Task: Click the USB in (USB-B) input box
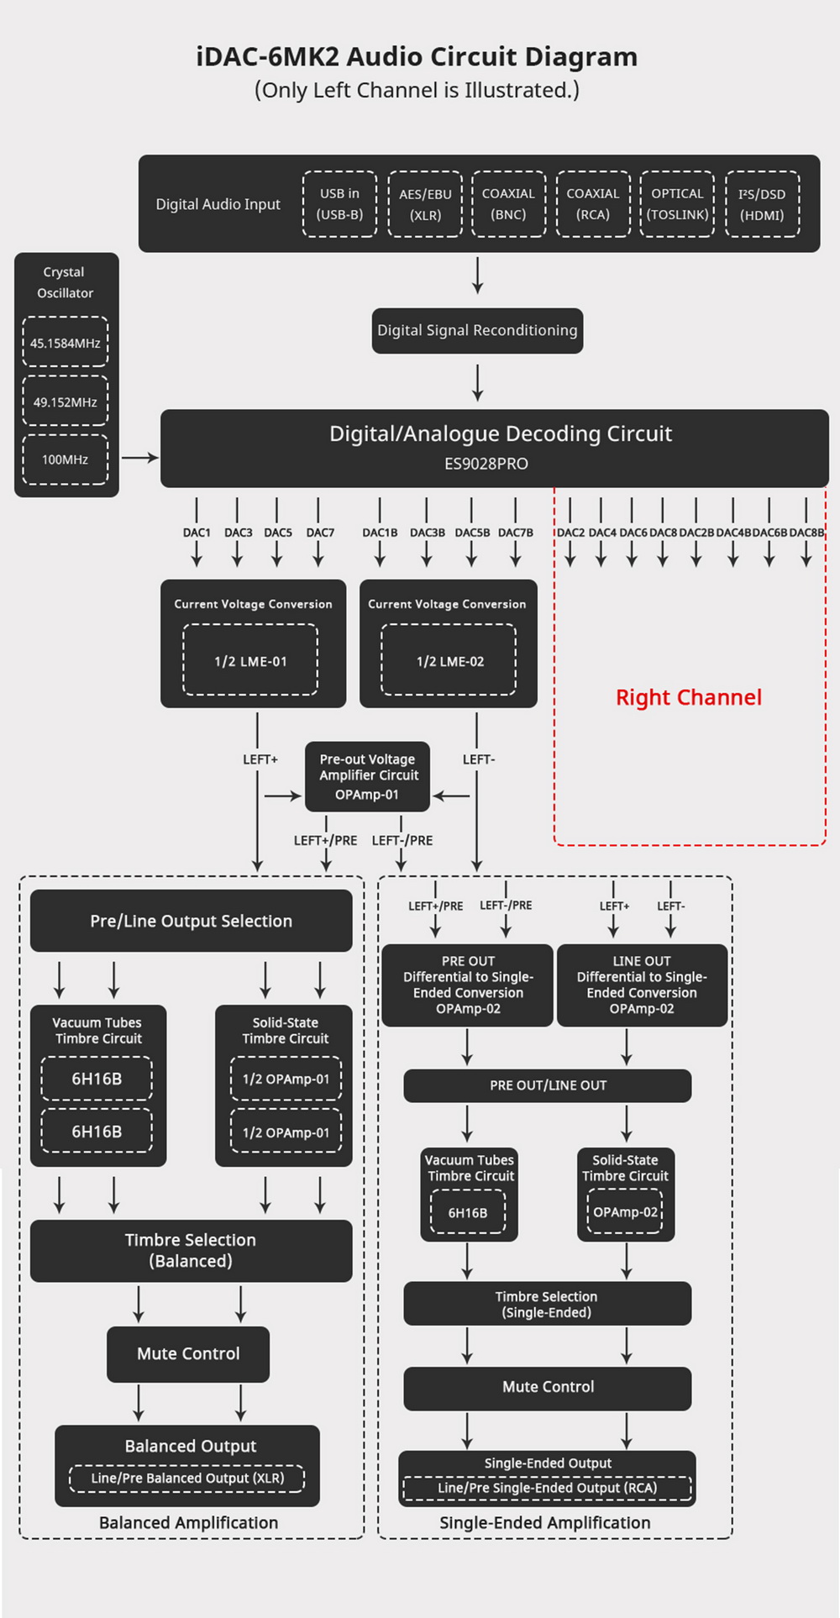[x=339, y=204]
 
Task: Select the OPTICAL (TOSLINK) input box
[x=677, y=204]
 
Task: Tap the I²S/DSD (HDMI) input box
[x=762, y=204]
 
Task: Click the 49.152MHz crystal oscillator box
[x=66, y=402]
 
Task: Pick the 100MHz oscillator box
[x=66, y=460]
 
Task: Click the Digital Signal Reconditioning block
[x=477, y=330]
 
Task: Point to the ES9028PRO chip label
[x=486, y=464]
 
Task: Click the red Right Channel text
[x=689, y=697]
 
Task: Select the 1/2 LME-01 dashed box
[x=250, y=660]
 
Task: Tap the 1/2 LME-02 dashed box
[x=449, y=660]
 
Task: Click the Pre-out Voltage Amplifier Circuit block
[x=367, y=776]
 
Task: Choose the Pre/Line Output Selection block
[x=192, y=921]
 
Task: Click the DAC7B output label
[x=516, y=533]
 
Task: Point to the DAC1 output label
[x=197, y=533]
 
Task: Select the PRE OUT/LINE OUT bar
[x=548, y=1085]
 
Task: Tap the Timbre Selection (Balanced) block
[x=192, y=1250]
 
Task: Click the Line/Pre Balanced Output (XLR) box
[x=187, y=1478]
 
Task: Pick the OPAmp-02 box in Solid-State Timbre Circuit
[x=625, y=1212]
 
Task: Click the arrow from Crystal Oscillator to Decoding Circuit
[x=139, y=458]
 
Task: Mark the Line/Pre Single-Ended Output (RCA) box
[x=548, y=1488]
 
